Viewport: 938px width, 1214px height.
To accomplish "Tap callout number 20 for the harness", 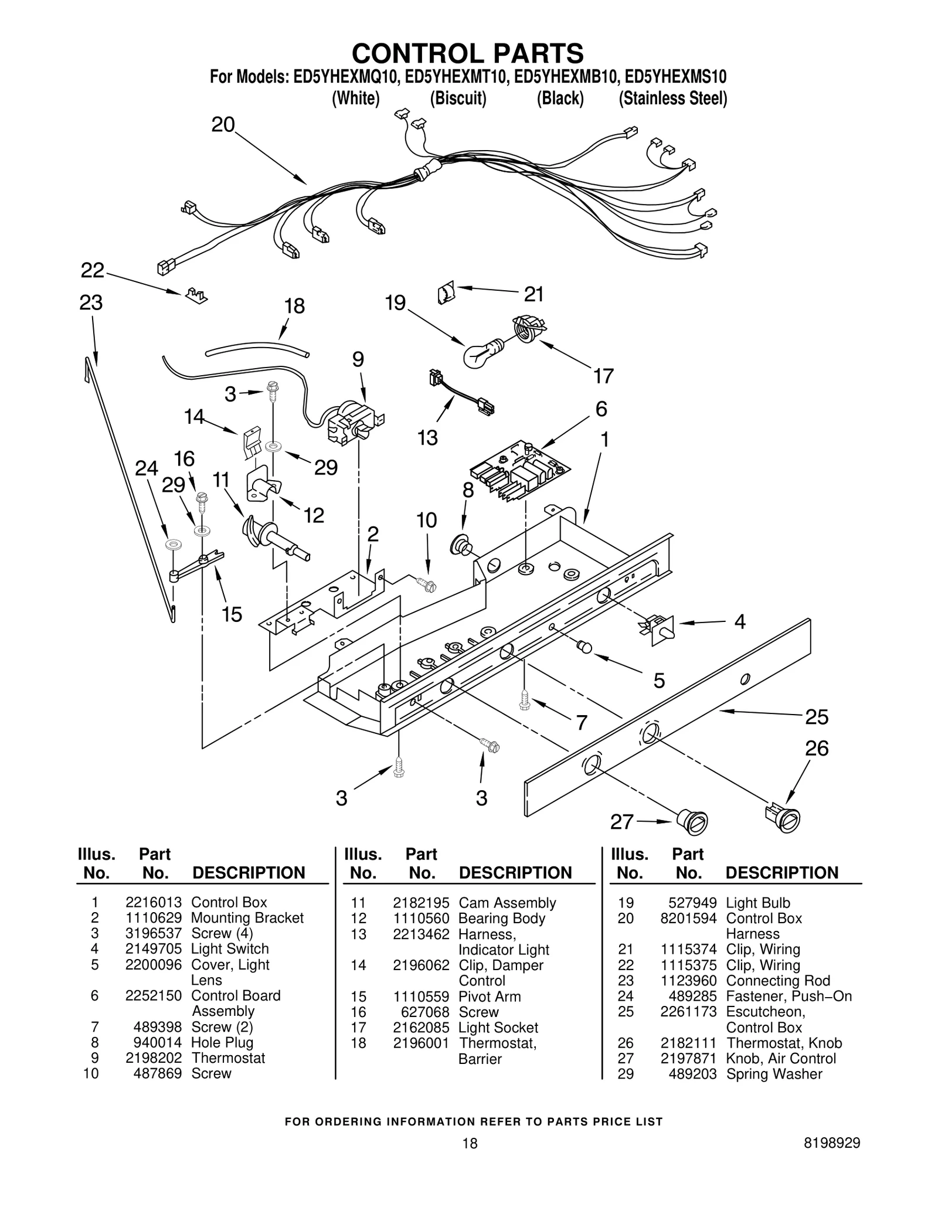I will [x=223, y=125].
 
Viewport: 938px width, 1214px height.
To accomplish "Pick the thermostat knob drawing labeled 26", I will [x=783, y=817].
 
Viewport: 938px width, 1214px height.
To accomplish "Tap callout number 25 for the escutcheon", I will [x=816, y=716].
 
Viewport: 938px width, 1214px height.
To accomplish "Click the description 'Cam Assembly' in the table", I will [x=507, y=903].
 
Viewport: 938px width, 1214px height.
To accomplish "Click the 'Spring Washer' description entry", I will [x=774, y=1074].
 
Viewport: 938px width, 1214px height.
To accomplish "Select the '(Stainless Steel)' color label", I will [x=672, y=98].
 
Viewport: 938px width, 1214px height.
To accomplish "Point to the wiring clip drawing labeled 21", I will [x=447, y=292].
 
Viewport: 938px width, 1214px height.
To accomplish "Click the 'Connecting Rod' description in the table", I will [x=778, y=981].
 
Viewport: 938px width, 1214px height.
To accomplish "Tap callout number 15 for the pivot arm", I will [x=232, y=614].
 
